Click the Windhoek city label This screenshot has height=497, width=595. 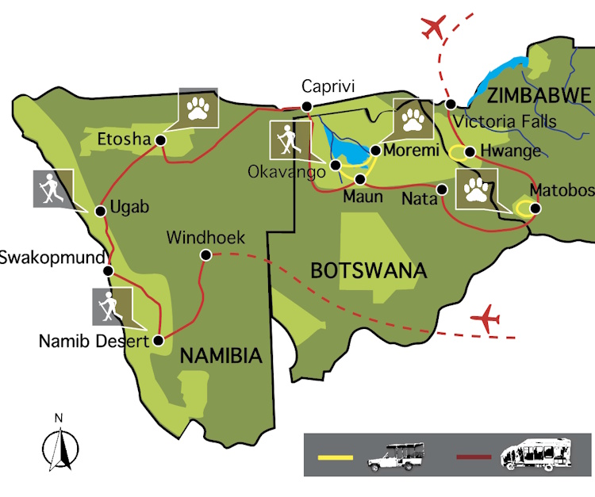(206, 237)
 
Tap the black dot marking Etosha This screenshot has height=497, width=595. (160, 140)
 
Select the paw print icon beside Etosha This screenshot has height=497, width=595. (197, 107)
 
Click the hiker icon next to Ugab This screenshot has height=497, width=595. (52, 189)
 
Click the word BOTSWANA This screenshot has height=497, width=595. (368, 270)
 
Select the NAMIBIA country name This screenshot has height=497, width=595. (221, 356)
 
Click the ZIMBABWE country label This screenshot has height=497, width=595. (539, 97)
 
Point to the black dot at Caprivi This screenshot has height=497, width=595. (307, 107)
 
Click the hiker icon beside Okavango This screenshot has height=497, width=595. (288, 140)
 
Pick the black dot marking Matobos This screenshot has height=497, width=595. (535, 208)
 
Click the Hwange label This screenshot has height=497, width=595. (513, 151)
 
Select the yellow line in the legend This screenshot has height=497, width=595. (335, 457)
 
